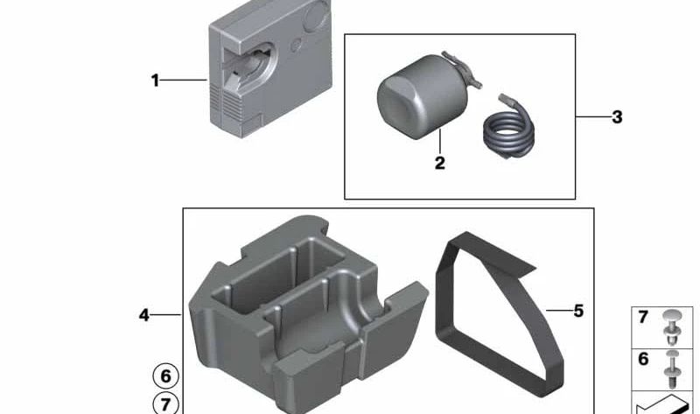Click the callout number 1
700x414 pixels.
point(155,81)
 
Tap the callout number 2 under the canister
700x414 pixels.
point(440,163)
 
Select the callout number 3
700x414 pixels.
point(617,117)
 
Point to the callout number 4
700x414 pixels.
point(143,315)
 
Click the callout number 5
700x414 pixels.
point(578,311)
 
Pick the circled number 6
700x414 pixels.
point(165,376)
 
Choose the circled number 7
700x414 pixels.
point(165,403)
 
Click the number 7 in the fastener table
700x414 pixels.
point(643,317)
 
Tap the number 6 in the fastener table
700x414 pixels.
point(643,359)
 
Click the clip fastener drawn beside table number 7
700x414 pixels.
point(672,326)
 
